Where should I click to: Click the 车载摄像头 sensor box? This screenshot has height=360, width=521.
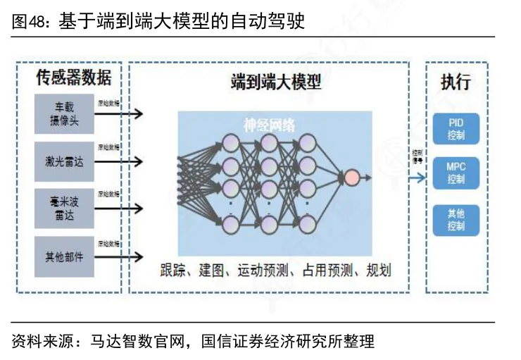pos(64,113)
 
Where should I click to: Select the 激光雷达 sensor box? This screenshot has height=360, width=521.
pos(64,161)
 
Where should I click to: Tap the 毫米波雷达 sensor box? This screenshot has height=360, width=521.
pos(64,209)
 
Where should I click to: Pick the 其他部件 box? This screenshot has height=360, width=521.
pos(64,256)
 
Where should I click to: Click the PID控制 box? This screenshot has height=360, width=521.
pos(456,129)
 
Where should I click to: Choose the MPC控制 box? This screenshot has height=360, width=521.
pos(456,173)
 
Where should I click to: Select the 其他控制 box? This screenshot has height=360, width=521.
pos(456,221)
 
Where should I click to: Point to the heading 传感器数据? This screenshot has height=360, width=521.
pos(73,77)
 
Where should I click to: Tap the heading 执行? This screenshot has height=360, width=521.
pos(456,81)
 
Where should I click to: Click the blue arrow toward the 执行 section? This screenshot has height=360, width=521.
pos(418,177)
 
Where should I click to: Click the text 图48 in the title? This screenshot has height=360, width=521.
pos(27,22)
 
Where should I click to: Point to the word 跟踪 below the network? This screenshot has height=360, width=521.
pos(173,270)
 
